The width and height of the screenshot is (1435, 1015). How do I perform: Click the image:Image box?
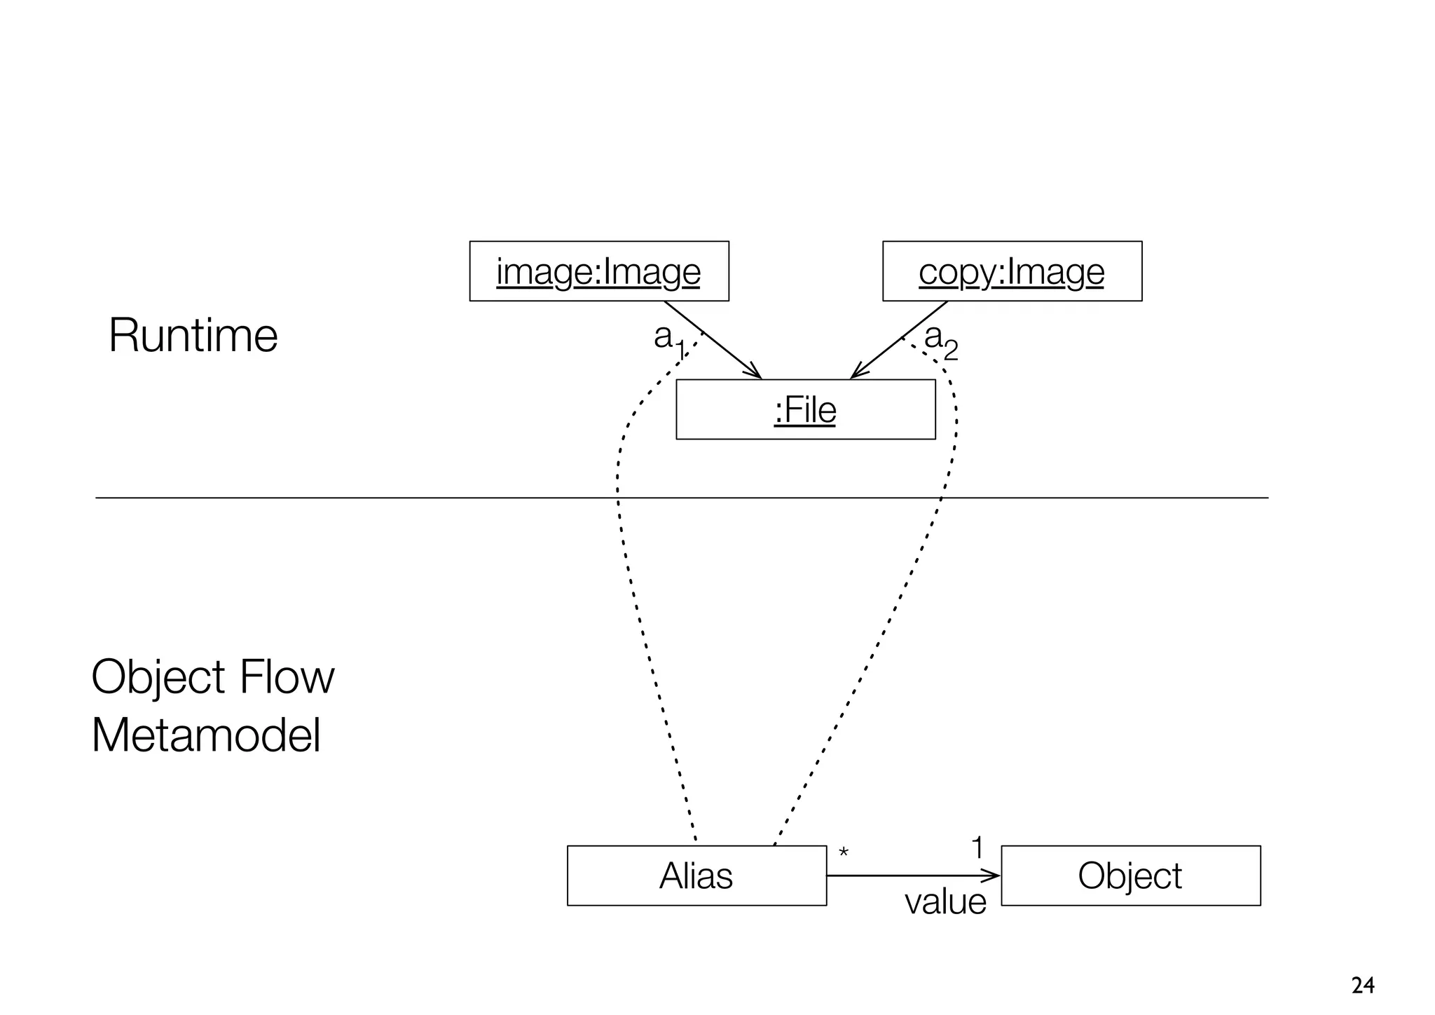[598, 271]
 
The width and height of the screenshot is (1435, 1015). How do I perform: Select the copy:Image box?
[1011, 271]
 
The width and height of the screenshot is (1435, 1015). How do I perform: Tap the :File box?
[805, 409]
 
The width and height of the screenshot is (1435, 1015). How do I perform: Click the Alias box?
[696, 876]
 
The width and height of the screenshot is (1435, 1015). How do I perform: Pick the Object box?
[1130, 876]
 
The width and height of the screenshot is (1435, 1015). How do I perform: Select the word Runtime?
[193, 335]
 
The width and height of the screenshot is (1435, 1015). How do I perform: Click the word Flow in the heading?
[287, 677]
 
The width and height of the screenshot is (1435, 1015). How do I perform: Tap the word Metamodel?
[206, 735]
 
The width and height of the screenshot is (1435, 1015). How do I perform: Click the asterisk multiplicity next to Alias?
[844, 853]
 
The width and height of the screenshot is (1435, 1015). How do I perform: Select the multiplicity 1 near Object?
[977, 848]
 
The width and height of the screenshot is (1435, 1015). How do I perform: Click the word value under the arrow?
[945, 901]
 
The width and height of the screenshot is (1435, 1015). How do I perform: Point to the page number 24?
[1362, 986]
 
